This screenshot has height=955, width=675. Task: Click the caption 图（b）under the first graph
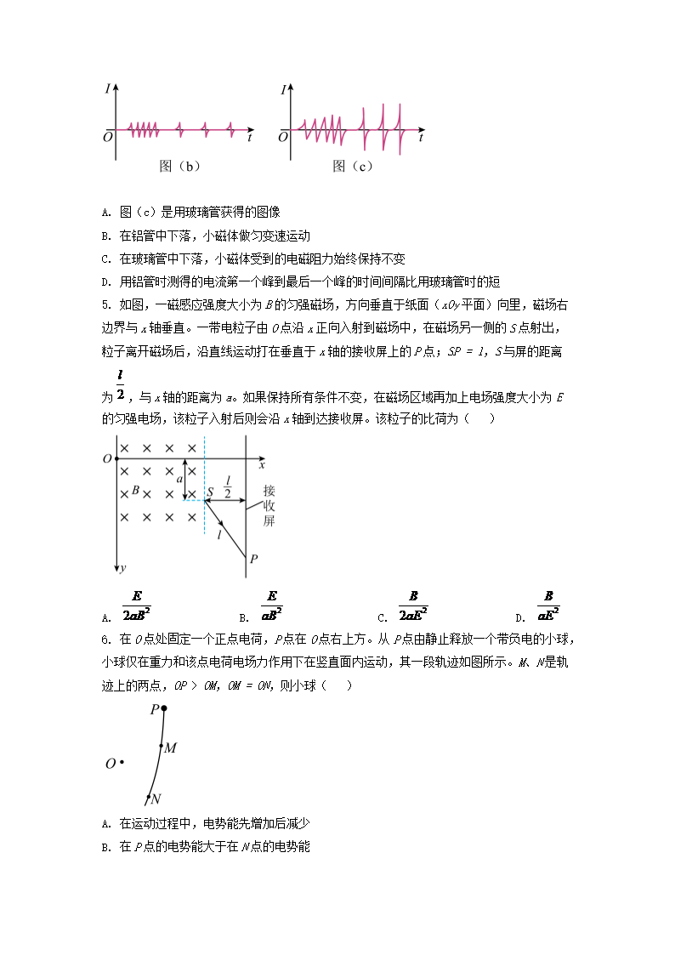[x=179, y=167]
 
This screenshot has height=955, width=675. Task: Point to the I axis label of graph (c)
[x=282, y=88]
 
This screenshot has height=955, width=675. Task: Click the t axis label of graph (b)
[x=248, y=136]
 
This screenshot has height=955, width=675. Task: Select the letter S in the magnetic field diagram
[x=211, y=492]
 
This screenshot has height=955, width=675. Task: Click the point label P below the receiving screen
[x=252, y=559]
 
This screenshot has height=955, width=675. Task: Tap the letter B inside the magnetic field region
[x=135, y=491]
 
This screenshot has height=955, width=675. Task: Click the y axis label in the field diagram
[x=123, y=567]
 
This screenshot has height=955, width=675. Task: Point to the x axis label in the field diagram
[x=262, y=465]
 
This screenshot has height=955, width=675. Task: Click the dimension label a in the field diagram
[x=179, y=480]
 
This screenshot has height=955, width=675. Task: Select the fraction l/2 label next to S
[x=228, y=486]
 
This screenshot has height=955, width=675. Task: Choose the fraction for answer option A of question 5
[x=137, y=606]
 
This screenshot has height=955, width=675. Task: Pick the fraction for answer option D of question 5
[x=549, y=606]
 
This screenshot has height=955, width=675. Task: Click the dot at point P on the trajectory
[x=164, y=708]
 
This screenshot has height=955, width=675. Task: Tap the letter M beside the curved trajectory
[x=170, y=748]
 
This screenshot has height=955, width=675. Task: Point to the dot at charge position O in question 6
[x=122, y=763]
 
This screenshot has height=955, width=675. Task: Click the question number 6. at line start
[x=106, y=639]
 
